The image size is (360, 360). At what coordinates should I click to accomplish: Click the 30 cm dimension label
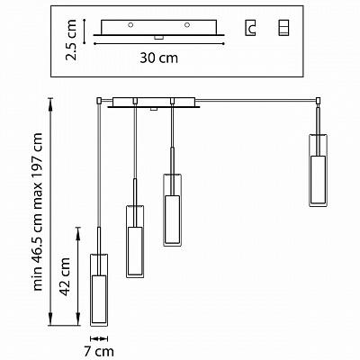tap(158, 58)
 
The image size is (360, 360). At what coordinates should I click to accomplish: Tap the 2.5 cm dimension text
tap(71, 40)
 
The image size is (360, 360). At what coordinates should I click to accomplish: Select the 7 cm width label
tap(99, 351)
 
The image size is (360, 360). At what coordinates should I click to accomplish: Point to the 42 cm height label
tap(64, 276)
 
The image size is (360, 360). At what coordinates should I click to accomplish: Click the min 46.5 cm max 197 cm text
tap(38, 211)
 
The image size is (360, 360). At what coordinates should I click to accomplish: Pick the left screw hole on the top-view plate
tap(130, 25)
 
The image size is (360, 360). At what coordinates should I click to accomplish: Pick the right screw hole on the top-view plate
tap(187, 25)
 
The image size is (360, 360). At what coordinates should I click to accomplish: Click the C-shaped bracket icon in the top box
tap(250, 28)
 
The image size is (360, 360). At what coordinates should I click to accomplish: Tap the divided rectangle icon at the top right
tap(283, 28)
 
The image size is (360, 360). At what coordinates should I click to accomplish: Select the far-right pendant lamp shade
tap(318, 170)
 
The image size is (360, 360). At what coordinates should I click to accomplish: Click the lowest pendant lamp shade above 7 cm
tap(99, 290)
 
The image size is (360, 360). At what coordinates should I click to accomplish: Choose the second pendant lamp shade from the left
tap(135, 241)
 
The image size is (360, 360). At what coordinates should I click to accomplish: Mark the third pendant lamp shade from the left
tap(172, 210)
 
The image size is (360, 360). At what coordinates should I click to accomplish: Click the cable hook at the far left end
tap(98, 101)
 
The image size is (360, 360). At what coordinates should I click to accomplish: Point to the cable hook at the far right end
tap(319, 101)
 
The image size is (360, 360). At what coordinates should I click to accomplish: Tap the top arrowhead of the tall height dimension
tap(50, 103)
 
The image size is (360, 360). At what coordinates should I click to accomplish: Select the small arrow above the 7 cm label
tap(99, 338)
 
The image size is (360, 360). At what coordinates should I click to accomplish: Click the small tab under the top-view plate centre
tap(158, 38)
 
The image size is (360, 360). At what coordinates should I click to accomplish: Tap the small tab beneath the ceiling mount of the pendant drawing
tap(154, 109)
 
